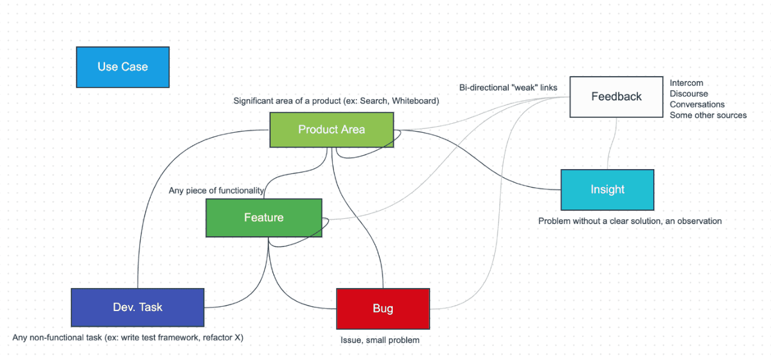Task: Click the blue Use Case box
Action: (x=123, y=67)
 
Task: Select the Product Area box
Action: (x=331, y=129)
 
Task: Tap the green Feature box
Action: (x=263, y=217)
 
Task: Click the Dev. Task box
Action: (x=138, y=307)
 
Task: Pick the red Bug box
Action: (x=382, y=309)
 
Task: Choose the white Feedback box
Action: (x=616, y=97)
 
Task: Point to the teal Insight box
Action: (x=607, y=190)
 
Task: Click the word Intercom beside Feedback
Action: (x=686, y=83)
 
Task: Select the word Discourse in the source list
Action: (x=689, y=94)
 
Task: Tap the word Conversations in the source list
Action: (x=697, y=104)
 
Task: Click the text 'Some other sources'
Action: (x=708, y=115)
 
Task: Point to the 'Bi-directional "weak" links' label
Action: (x=508, y=88)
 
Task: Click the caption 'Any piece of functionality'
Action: (x=216, y=191)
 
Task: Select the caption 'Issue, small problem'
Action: (x=379, y=340)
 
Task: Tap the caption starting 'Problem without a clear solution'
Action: (x=630, y=221)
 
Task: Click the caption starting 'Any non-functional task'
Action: (x=127, y=338)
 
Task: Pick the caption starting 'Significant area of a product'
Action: (x=336, y=101)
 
